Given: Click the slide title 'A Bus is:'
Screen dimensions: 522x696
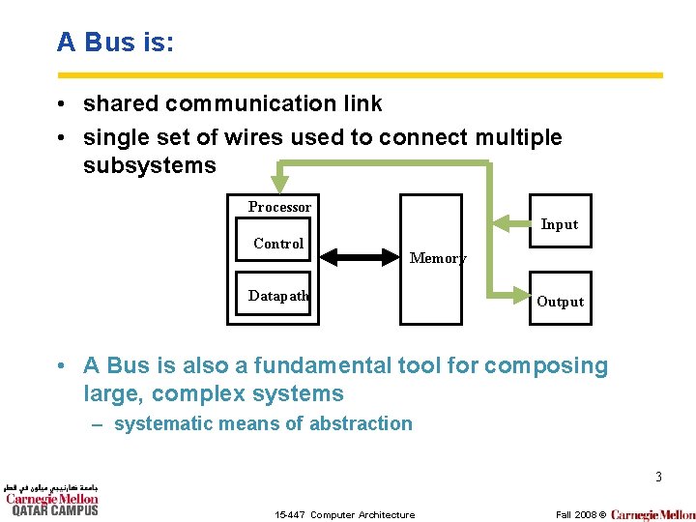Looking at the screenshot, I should coord(115,43).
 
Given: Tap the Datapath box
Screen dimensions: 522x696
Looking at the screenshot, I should coord(277,296).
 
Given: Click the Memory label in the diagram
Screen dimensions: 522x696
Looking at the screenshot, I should coord(437,258).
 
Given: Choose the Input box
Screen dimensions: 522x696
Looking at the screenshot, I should coord(559,224).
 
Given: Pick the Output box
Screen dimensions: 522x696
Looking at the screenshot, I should coord(560,302).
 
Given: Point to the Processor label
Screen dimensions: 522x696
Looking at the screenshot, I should coord(279,207).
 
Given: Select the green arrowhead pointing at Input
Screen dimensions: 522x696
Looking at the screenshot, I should coord(502,223).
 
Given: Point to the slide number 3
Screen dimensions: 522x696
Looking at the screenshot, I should coord(658,477).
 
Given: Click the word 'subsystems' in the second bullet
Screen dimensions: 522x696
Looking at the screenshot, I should coord(150,165).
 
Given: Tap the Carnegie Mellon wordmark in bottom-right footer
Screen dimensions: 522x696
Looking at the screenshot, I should coord(652,514).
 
